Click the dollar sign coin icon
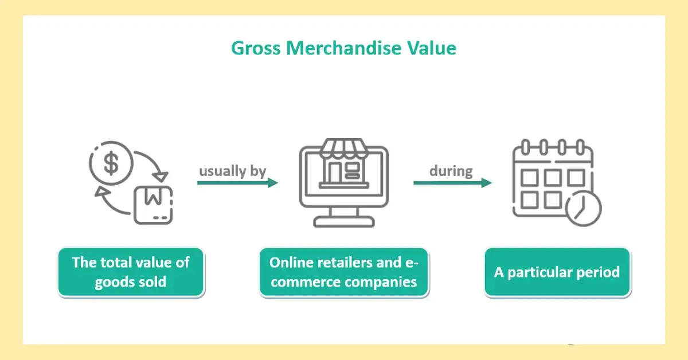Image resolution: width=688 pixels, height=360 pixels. [x=111, y=163]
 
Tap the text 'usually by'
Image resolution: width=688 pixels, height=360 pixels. [x=232, y=171]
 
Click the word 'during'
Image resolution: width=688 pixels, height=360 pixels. [x=452, y=171]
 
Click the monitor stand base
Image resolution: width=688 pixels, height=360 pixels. [x=343, y=222]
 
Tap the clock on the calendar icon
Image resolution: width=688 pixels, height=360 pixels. [x=581, y=208]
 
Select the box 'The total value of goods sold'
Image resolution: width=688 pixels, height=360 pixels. [x=131, y=272]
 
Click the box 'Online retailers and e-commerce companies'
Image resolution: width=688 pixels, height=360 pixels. [x=343, y=272]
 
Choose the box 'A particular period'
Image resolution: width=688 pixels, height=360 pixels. [x=557, y=272]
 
